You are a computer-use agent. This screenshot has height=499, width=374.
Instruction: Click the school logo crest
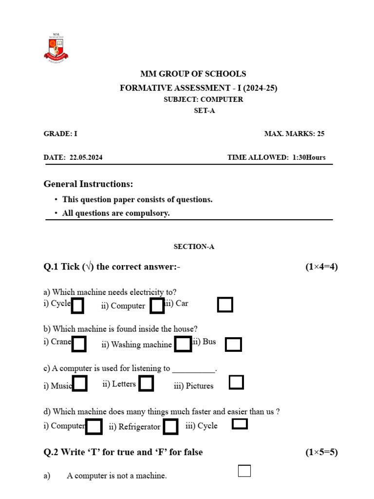pos(56,48)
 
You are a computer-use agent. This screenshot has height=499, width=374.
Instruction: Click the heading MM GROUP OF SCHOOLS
pos(193,74)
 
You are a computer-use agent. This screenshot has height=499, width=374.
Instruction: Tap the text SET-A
pos(204,111)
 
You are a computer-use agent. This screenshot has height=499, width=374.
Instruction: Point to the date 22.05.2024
pos(86,157)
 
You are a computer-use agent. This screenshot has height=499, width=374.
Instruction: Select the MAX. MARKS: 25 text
pos(294,134)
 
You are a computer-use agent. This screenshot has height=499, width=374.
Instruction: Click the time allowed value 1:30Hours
pos(309,157)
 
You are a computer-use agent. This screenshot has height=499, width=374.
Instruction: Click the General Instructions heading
pos(88,184)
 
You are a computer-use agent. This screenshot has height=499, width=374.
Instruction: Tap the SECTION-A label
pos(194,247)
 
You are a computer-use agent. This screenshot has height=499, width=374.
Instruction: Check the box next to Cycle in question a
pos(77,306)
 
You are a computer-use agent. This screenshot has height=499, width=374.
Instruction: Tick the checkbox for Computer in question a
pos(157,306)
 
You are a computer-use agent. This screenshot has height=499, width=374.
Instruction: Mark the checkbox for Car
pos(224,305)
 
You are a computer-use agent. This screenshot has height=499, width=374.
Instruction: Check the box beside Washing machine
pos(183,344)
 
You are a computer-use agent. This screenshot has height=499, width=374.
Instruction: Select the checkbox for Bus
pos(233,345)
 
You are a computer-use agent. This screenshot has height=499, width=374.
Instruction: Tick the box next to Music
pos(80,384)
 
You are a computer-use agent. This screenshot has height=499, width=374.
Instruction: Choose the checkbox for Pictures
pos(236,383)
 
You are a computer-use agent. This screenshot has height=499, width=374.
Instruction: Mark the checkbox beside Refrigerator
pos(170,426)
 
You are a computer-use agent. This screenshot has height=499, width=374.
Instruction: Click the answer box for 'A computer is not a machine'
pos(244,471)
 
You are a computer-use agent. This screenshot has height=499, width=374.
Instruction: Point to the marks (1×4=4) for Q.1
pos(321,267)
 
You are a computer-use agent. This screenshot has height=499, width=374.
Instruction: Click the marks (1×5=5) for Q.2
pos(321,452)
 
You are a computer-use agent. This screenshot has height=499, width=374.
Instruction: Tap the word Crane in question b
pos(61,342)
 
